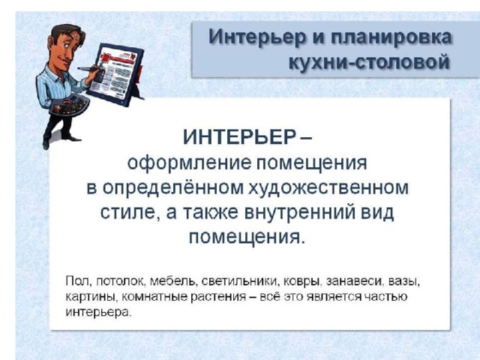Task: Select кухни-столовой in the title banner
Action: pos(370,61)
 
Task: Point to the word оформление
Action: pos(189,163)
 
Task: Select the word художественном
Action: pos(328,187)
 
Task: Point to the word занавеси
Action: pos(355,281)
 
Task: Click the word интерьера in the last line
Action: pos(98,312)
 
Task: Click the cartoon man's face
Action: pos(66,49)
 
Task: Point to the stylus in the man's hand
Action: pos(89,69)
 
